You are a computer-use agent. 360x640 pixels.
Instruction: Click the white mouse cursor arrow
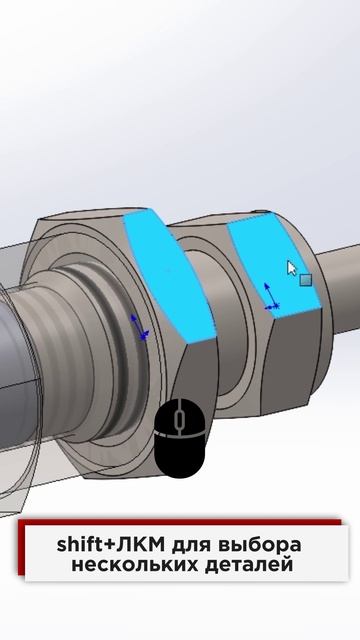pyautogui.click(x=291, y=268)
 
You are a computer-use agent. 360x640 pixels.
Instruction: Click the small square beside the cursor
pyautogui.click(x=306, y=280)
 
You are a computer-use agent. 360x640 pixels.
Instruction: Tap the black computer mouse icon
pyautogui.click(x=179, y=438)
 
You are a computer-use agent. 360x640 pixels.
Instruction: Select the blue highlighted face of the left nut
pyautogui.click(x=167, y=273)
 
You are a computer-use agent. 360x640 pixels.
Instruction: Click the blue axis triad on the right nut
pyautogui.click(x=271, y=297)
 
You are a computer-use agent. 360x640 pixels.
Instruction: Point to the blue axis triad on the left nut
pyautogui.click(x=139, y=327)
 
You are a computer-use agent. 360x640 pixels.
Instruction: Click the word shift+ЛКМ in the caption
pyautogui.click(x=111, y=545)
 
